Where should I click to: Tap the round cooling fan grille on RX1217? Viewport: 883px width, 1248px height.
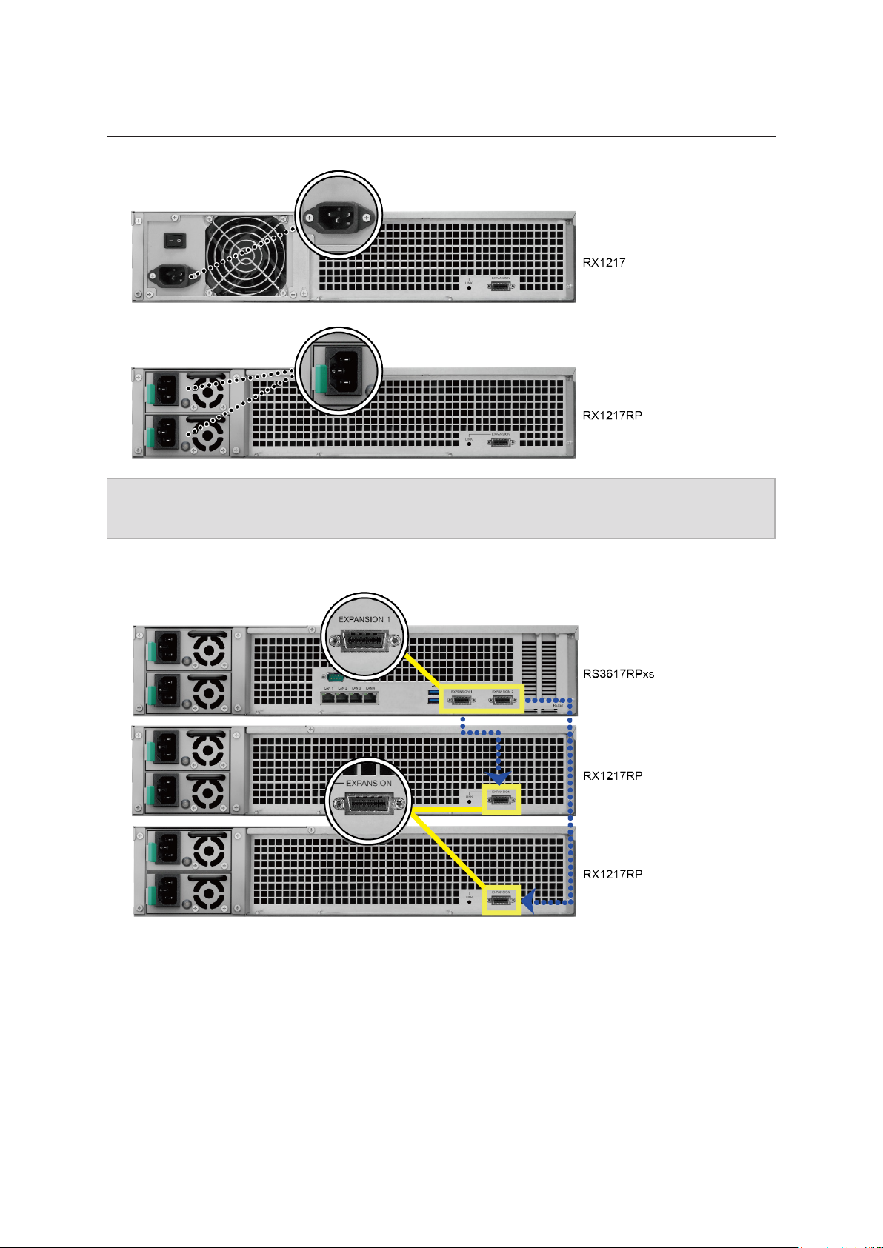pos(246,254)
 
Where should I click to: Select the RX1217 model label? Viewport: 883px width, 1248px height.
pos(604,262)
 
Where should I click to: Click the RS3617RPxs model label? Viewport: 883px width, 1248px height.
pos(619,674)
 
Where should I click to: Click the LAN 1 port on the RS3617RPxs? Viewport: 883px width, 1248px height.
pos(328,697)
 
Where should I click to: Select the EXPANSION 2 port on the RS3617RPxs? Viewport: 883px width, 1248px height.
pos(502,699)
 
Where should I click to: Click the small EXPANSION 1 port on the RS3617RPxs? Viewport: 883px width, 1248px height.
pos(461,699)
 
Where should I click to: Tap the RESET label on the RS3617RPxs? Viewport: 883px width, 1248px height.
pos(559,705)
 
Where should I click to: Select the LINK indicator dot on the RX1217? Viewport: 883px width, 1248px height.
pos(469,287)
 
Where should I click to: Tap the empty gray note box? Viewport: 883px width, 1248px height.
pos(441,508)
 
